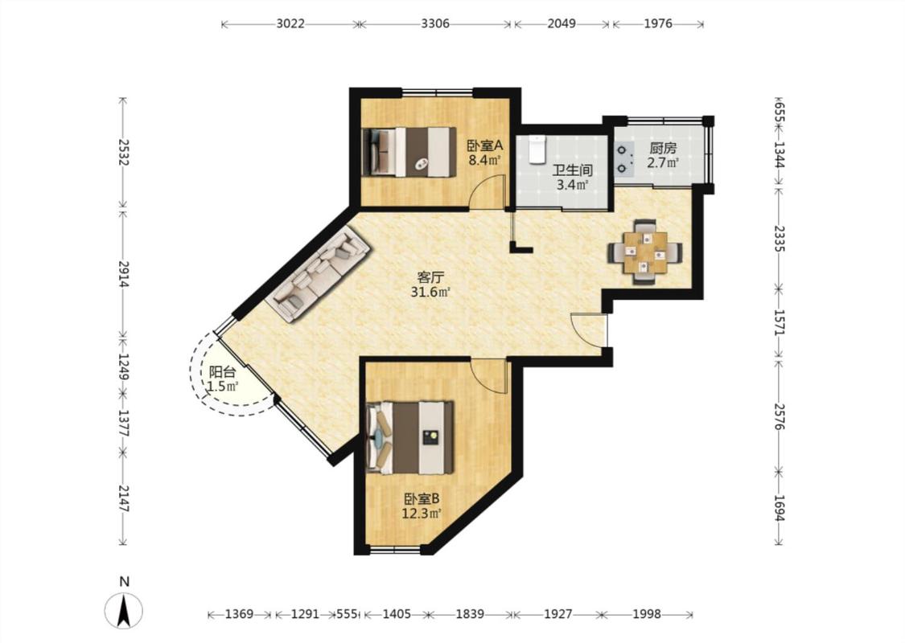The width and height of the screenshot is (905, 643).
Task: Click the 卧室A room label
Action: click(x=485, y=146)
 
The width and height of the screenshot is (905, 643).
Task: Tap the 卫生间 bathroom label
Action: click(x=573, y=170)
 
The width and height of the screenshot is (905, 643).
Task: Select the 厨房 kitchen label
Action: click(x=663, y=149)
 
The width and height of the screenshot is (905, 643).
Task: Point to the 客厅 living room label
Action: click(x=430, y=276)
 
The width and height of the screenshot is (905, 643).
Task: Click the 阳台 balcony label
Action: click(x=222, y=372)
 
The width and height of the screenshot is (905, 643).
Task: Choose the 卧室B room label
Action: click(x=422, y=498)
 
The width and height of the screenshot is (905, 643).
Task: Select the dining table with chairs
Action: click(x=645, y=252)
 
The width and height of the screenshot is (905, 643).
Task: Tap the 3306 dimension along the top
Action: click(x=435, y=23)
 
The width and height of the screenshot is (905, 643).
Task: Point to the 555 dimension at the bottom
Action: click(x=347, y=614)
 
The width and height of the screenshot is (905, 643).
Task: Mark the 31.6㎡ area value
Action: click(x=430, y=292)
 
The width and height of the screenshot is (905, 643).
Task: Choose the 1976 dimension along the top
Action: click(x=658, y=23)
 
